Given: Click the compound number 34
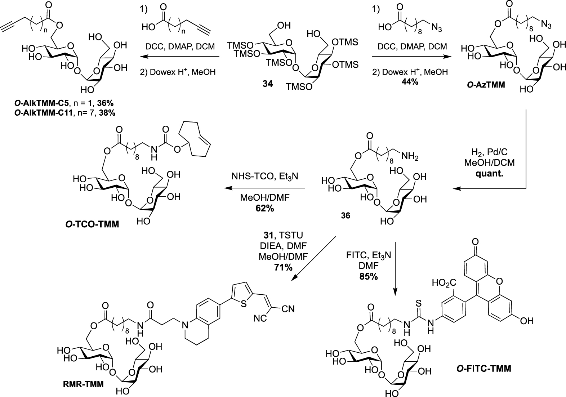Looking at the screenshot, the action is click(268, 84).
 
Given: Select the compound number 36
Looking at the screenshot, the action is click(346, 215).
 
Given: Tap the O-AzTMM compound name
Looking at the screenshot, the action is click(486, 85).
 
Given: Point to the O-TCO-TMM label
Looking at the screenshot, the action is click(92, 224).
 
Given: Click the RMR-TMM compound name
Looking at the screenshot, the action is click(83, 384).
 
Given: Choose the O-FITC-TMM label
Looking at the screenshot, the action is click(483, 369).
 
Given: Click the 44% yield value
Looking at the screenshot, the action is click(410, 82).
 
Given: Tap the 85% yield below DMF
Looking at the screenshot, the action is click(369, 276).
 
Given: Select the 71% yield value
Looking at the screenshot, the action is click(283, 267).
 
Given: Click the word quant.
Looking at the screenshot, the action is click(489, 174).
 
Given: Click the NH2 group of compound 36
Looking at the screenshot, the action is click(410, 157).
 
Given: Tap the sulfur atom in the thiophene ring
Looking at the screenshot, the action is click(244, 303).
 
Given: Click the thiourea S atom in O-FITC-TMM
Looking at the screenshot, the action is click(418, 303).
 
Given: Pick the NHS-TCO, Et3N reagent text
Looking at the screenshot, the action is click(264, 177).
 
